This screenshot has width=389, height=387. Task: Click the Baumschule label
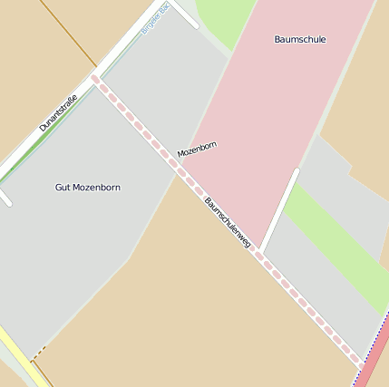click(x=299, y=40)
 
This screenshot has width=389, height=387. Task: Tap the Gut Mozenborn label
click(x=88, y=188)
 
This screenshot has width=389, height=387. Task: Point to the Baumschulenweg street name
click(x=228, y=223)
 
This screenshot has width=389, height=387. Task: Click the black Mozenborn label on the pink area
click(x=197, y=149)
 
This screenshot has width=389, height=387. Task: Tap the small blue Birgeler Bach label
click(x=155, y=19)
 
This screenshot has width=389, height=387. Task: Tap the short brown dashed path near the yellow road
click(x=37, y=353)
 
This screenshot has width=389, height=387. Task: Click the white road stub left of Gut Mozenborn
click(x=5, y=197)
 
